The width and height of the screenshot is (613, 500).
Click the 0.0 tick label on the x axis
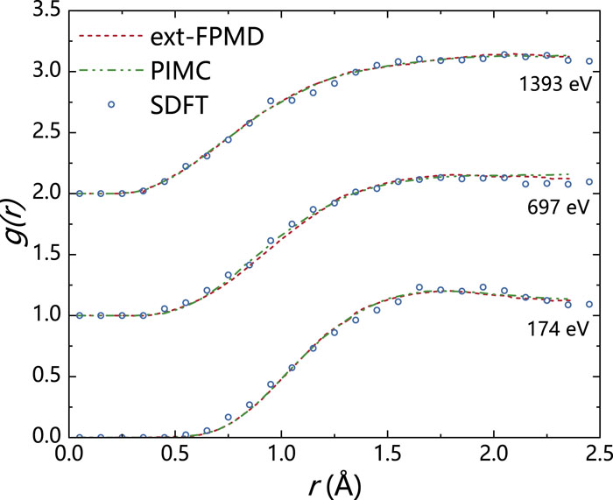pyautogui.click(x=67, y=454)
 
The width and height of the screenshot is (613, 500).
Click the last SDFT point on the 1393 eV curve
pyautogui.click(x=589, y=61)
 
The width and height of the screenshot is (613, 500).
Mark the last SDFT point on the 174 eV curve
pyautogui.click(x=589, y=305)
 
